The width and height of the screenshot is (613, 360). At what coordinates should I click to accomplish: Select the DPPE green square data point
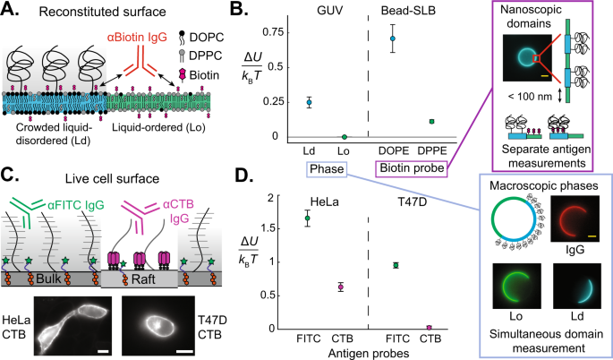(x=432, y=121)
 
